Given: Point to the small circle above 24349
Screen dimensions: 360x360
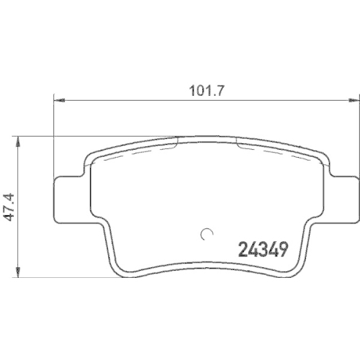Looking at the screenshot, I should [207, 233].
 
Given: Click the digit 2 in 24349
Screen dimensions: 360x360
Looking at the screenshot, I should [242, 251].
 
